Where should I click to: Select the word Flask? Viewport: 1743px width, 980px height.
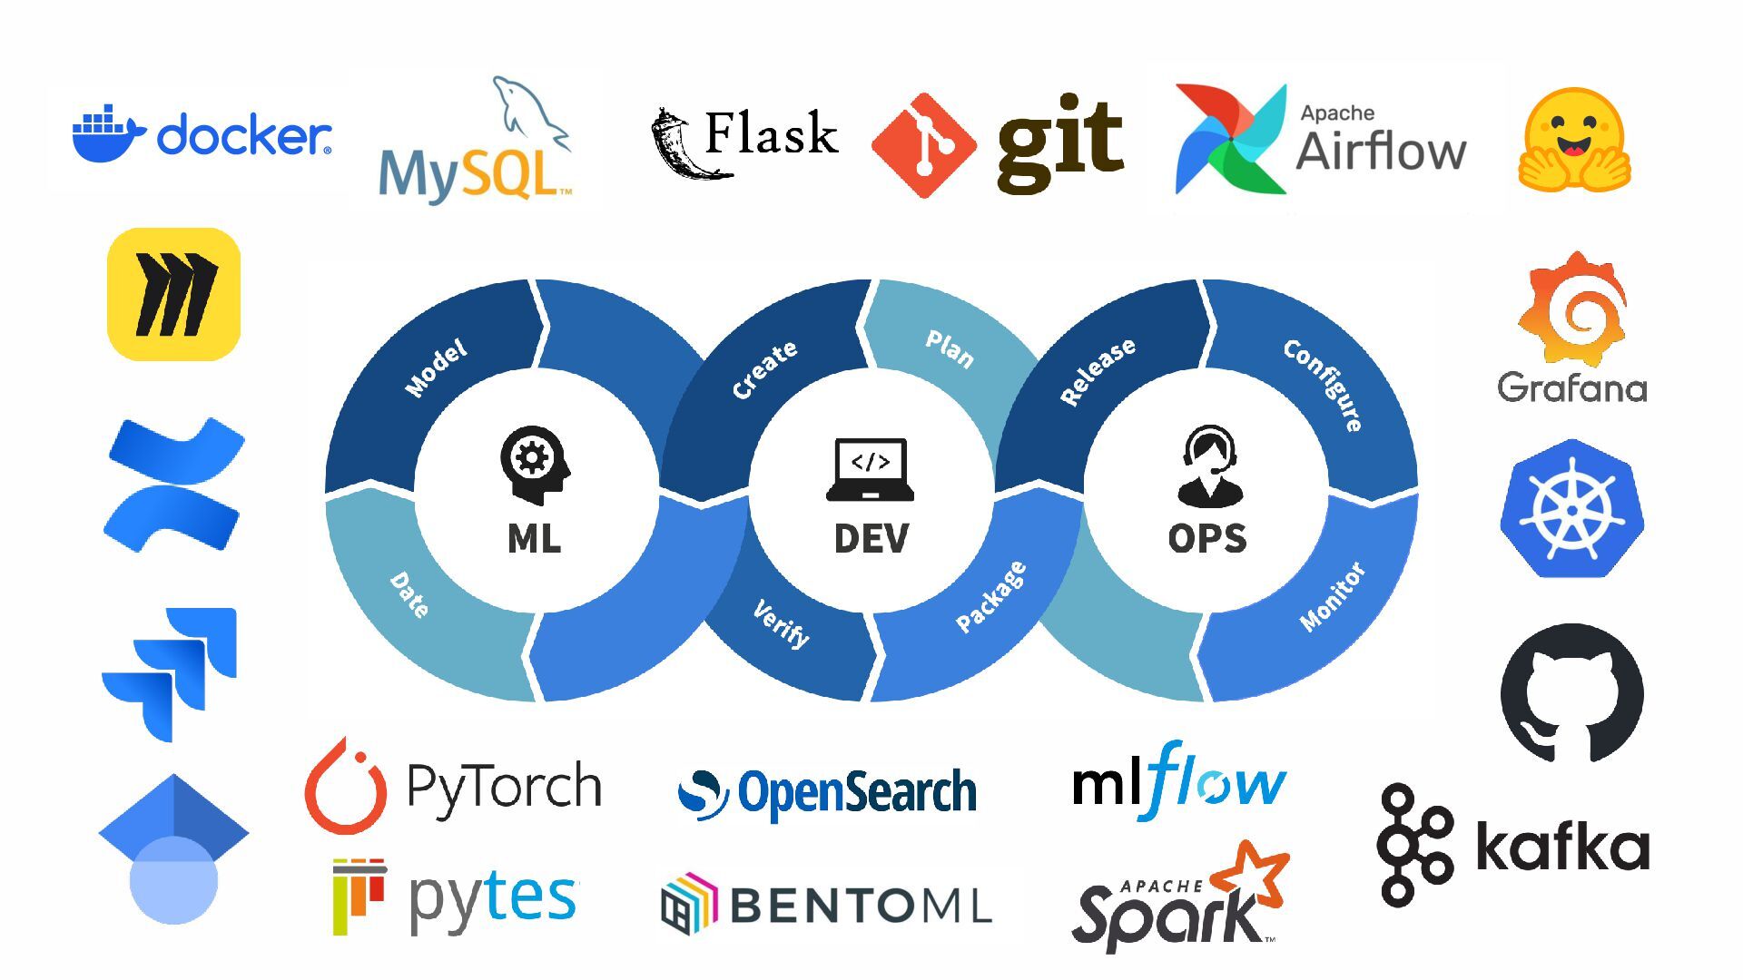771,134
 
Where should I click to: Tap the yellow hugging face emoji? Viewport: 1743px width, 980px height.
1574,141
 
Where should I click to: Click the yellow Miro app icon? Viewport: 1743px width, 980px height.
173,294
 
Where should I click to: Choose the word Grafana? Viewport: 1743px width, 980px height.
1571,388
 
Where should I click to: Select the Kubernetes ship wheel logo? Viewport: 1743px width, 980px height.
1571,509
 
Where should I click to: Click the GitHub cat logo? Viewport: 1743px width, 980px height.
1571,693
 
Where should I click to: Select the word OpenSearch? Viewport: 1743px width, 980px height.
857,792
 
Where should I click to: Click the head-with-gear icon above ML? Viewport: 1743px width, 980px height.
535,464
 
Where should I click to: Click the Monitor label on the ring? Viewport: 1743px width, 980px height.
1333,597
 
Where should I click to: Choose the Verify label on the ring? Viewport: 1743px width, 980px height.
782,623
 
